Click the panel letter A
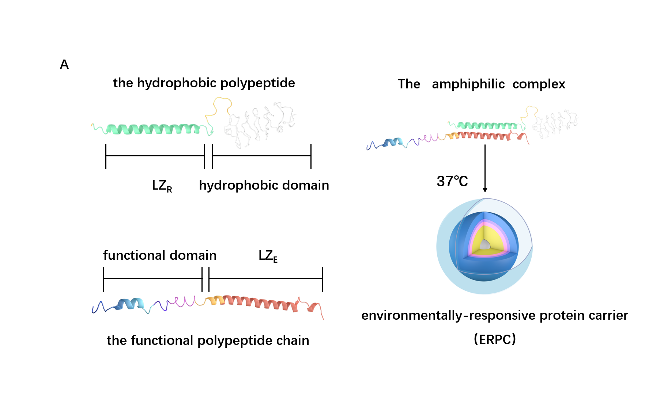click(x=64, y=65)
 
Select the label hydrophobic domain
click(x=264, y=185)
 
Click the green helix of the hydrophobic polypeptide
click(x=154, y=129)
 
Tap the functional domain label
click(x=159, y=255)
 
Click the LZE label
click(x=268, y=256)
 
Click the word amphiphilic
click(x=468, y=84)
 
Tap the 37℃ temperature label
click(x=452, y=182)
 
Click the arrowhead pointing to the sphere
click(x=485, y=190)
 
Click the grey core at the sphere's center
click(x=485, y=245)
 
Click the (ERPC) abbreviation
click(x=494, y=339)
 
